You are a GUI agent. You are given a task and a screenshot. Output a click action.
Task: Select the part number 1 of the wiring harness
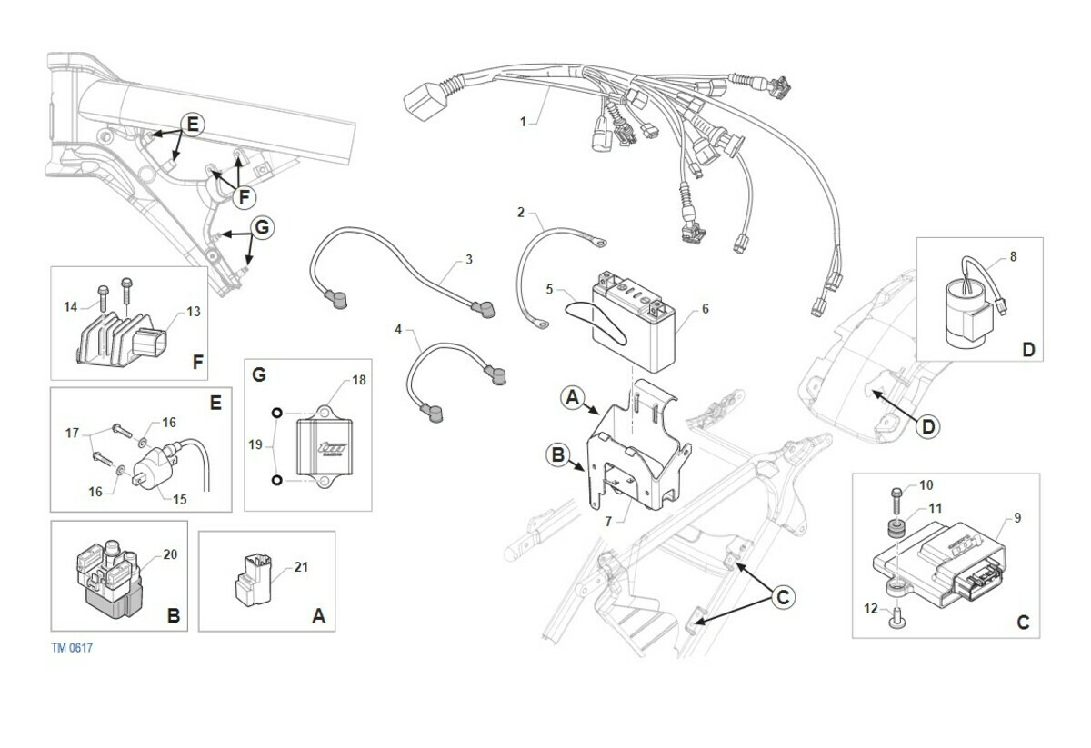tap(523, 121)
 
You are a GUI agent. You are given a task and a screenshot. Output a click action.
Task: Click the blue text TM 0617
tap(72, 648)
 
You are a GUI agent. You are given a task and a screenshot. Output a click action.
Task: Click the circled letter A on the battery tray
tap(573, 397)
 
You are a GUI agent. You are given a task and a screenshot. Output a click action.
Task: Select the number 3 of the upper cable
tap(468, 260)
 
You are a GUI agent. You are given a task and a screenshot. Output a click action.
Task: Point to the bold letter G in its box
tap(257, 374)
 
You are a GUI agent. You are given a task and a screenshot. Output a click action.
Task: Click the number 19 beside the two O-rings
tap(255, 445)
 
